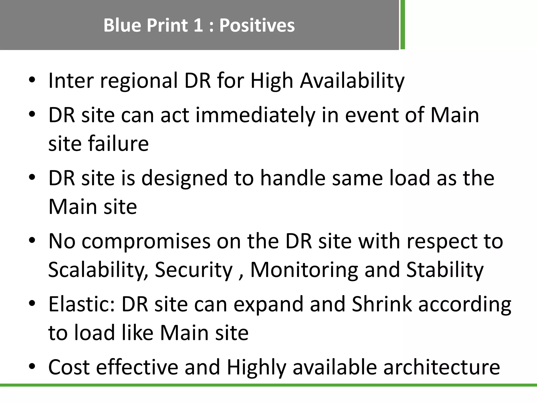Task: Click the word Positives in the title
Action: (257, 25)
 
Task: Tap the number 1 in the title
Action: (198, 25)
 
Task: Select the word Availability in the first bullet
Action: (352, 81)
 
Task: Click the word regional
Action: (139, 81)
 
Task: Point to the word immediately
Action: (255, 115)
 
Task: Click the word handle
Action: (293, 178)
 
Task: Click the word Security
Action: (194, 270)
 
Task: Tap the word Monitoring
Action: (304, 270)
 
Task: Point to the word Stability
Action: (445, 270)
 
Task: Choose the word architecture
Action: (442, 367)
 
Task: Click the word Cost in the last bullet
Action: (69, 367)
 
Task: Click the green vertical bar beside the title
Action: (402, 25)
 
